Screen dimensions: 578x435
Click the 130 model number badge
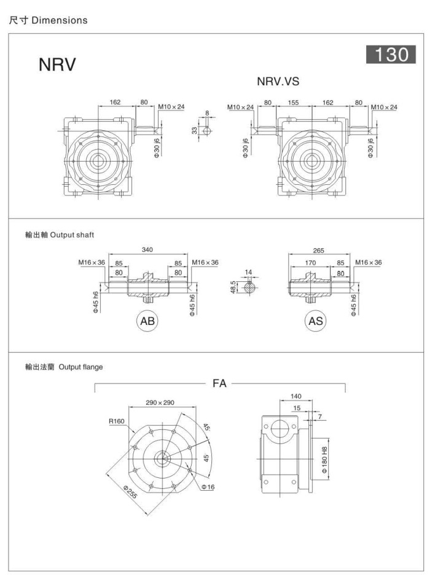(x=391, y=55)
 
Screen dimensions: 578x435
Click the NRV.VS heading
(x=278, y=82)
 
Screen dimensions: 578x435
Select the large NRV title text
(x=57, y=64)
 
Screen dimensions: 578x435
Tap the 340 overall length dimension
(x=147, y=249)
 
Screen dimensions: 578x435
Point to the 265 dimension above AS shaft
(x=319, y=250)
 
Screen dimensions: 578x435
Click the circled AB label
(x=148, y=321)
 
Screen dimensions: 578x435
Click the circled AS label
(x=316, y=321)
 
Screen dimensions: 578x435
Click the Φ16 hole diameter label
(x=208, y=487)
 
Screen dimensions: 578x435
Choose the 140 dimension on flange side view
(x=295, y=396)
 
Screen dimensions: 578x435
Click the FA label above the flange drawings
(x=219, y=383)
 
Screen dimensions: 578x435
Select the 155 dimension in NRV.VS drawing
(x=293, y=103)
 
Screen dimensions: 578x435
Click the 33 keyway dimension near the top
(x=195, y=130)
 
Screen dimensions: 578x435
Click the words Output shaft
(x=71, y=235)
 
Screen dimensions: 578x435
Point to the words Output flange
(x=80, y=367)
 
